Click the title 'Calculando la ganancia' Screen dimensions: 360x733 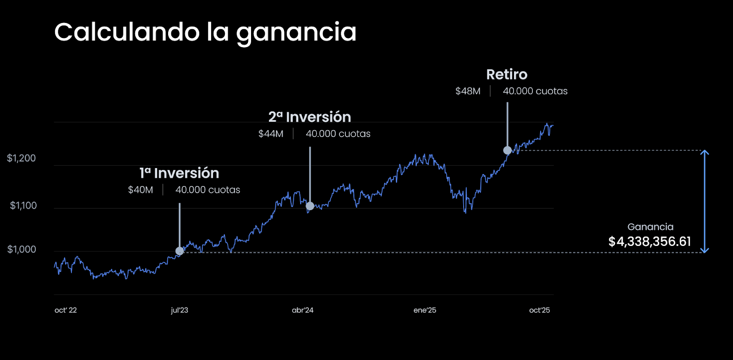click(205, 33)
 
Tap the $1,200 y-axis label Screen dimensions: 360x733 click(22, 158)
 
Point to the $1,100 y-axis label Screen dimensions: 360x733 click(23, 206)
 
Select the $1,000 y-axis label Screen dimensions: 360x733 click(22, 250)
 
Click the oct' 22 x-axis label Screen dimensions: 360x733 click(66, 311)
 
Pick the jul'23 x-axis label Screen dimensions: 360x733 click(180, 311)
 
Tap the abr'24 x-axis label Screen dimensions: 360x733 click(303, 311)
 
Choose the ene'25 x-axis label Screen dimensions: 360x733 click(425, 311)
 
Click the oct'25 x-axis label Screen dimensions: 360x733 click(539, 311)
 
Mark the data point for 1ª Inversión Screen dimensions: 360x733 click(180, 251)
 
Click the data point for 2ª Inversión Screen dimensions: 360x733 click(310, 206)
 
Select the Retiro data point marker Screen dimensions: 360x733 click(507, 150)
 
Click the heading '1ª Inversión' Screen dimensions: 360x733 click(180, 173)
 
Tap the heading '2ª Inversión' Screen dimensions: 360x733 click(310, 117)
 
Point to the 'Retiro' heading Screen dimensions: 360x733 click(507, 75)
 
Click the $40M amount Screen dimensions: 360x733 click(141, 190)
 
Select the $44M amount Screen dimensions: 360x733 click(271, 134)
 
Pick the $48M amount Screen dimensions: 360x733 click(468, 92)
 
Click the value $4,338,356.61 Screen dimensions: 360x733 click(650, 242)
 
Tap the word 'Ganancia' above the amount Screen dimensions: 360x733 click(650, 227)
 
